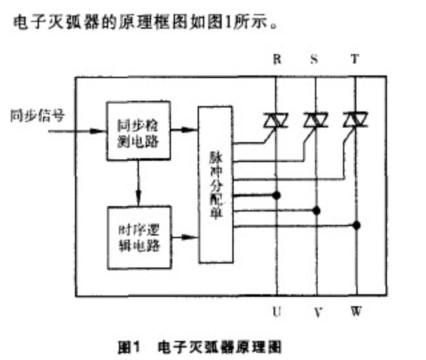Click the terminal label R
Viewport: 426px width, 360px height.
pyautogui.click(x=277, y=60)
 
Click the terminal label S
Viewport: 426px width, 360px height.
pyautogui.click(x=315, y=60)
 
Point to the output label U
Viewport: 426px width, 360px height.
pyautogui.click(x=277, y=312)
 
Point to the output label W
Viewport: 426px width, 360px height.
pyautogui.click(x=356, y=312)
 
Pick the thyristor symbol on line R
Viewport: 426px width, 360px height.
pyautogui.click(x=277, y=120)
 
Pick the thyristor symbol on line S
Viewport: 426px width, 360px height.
pyautogui.click(x=316, y=120)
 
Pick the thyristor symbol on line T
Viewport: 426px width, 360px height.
pyautogui.click(x=355, y=120)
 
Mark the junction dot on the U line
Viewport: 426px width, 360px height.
pyautogui.click(x=277, y=192)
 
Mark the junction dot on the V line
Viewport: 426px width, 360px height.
pyautogui.click(x=316, y=209)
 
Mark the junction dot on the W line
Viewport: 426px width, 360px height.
pyautogui.click(x=355, y=226)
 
